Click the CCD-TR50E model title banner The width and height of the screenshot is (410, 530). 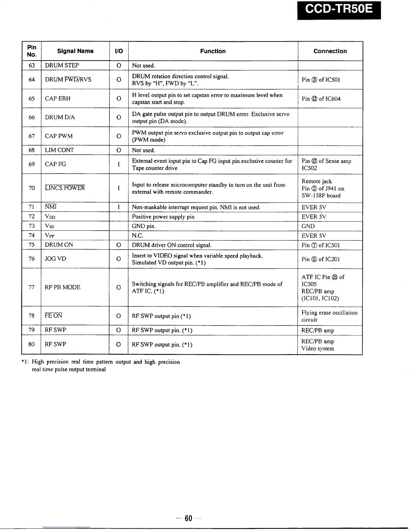pos(339,9)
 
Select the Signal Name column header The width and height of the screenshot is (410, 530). pos(75,51)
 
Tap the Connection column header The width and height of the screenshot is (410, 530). pos(330,51)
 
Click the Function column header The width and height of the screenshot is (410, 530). pos(213,51)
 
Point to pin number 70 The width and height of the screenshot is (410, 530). pos(31,188)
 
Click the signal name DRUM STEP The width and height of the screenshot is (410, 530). pos(62,65)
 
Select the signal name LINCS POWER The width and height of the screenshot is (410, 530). pos(65,188)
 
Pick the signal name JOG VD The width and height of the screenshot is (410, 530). pos(56,259)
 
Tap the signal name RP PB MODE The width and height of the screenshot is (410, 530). pos(63,287)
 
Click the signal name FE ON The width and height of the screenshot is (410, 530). pos(54,316)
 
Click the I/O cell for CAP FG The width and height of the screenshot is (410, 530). pos(119,164)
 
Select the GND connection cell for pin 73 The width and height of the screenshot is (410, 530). pos(308,226)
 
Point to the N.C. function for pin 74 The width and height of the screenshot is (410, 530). pos(138,236)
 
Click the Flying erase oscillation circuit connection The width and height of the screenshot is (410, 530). pos(329,316)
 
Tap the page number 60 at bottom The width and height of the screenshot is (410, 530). pos(189,519)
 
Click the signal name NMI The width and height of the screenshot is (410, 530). pos(51,207)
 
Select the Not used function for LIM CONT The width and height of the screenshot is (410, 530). pos(143,150)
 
